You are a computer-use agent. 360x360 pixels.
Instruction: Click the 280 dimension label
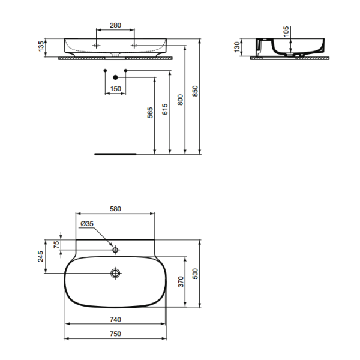[x=115, y=25]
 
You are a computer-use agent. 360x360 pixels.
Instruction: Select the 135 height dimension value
[x=41, y=46]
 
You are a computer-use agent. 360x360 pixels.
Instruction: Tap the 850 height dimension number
[x=194, y=91]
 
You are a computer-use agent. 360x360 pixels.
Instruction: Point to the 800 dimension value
[x=180, y=100]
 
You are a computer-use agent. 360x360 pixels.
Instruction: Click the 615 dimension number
[x=164, y=109]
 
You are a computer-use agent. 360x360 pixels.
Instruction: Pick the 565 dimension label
[x=149, y=113]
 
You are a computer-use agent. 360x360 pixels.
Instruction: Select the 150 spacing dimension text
[x=115, y=89]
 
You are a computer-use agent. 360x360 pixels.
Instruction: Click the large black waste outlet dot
[x=115, y=77]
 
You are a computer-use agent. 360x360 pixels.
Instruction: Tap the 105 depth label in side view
[x=286, y=31]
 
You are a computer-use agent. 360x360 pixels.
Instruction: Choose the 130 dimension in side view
[x=237, y=47]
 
